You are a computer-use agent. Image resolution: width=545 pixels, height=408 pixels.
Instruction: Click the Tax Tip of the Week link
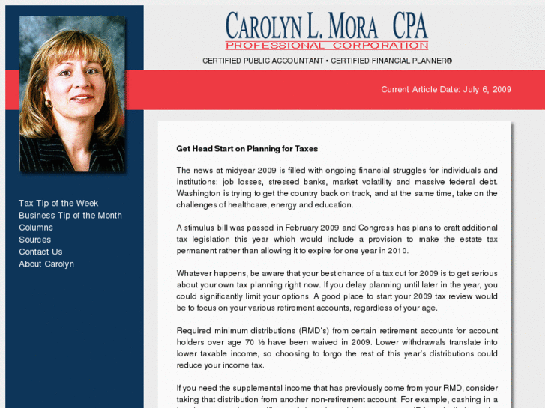pos(58,204)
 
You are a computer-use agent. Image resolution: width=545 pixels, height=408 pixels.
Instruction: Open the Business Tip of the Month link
pos(70,216)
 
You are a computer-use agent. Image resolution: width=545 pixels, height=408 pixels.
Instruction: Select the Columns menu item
pos(36,228)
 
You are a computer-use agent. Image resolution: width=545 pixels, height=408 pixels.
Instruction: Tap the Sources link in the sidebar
pos(35,240)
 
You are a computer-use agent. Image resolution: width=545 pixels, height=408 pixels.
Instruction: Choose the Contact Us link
pos(40,252)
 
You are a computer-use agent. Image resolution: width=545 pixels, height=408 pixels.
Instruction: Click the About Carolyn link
pos(46,264)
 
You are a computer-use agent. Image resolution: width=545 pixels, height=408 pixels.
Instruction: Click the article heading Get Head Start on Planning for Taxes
pos(247,149)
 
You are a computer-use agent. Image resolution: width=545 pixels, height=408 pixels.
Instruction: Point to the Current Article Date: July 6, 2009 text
pos(446,90)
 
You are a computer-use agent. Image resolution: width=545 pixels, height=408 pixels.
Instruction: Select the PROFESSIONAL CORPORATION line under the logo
pos(326,46)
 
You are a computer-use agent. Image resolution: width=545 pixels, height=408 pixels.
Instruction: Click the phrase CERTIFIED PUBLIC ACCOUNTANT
pos(262,61)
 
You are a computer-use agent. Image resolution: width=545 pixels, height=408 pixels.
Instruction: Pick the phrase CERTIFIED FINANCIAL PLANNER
pos(391,61)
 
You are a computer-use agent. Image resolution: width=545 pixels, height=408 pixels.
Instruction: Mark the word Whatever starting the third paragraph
pos(196,274)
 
